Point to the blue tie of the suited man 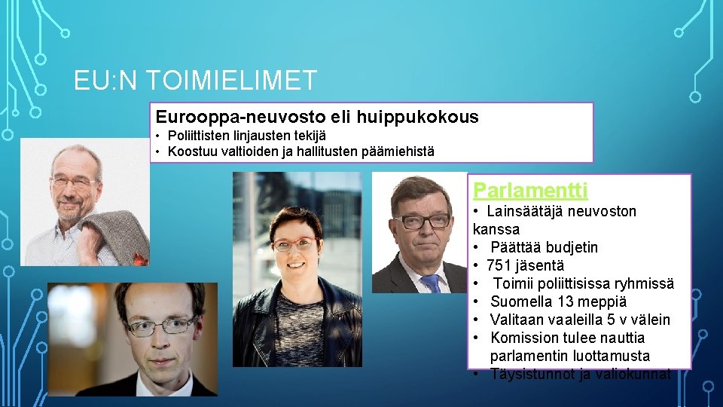pyautogui.click(x=431, y=283)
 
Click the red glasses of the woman pyautogui.click(x=294, y=245)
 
